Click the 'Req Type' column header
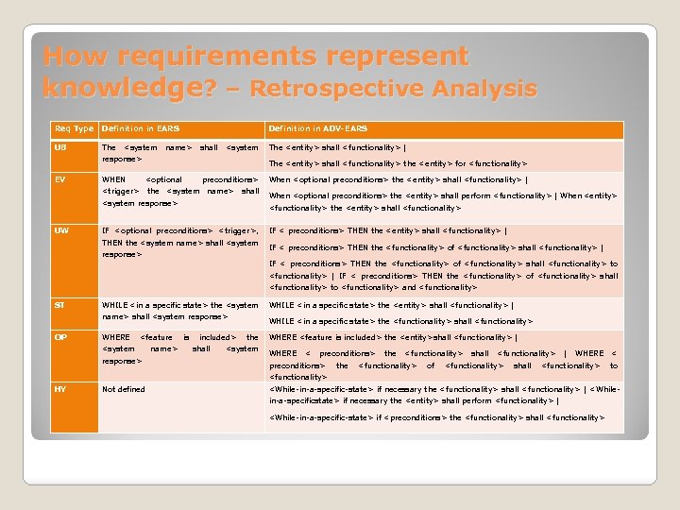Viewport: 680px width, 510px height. point(74,128)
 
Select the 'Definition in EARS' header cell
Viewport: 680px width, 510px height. point(141,128)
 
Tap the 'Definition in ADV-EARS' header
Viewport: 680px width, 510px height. point(318,128)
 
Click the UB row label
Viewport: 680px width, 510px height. point(60,147)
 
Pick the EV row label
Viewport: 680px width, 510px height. point(60,179)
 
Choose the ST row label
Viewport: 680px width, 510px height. point(60,305)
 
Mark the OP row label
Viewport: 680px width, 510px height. point(60,337)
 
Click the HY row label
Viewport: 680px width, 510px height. point(60,388)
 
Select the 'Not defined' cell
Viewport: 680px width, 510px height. point(124,389)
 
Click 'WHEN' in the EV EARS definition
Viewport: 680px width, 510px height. point(113,179)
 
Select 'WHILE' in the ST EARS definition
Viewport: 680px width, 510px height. point(116,305)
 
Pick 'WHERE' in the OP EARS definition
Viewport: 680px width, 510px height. point(115,337)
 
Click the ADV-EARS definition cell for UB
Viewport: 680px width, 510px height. point(444,156)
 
